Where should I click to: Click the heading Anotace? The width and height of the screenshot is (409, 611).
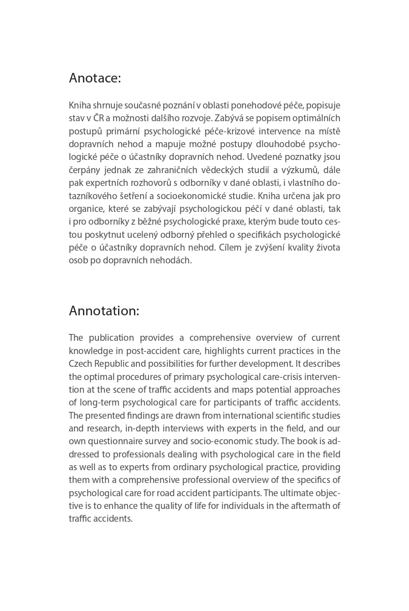(95, 78)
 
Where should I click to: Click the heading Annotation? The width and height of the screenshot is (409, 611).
(104, 311)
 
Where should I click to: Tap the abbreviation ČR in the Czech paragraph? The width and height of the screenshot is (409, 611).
(98, 118)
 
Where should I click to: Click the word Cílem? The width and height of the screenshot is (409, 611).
(230, 248)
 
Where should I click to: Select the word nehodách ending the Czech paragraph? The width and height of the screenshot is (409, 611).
(173, 261)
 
